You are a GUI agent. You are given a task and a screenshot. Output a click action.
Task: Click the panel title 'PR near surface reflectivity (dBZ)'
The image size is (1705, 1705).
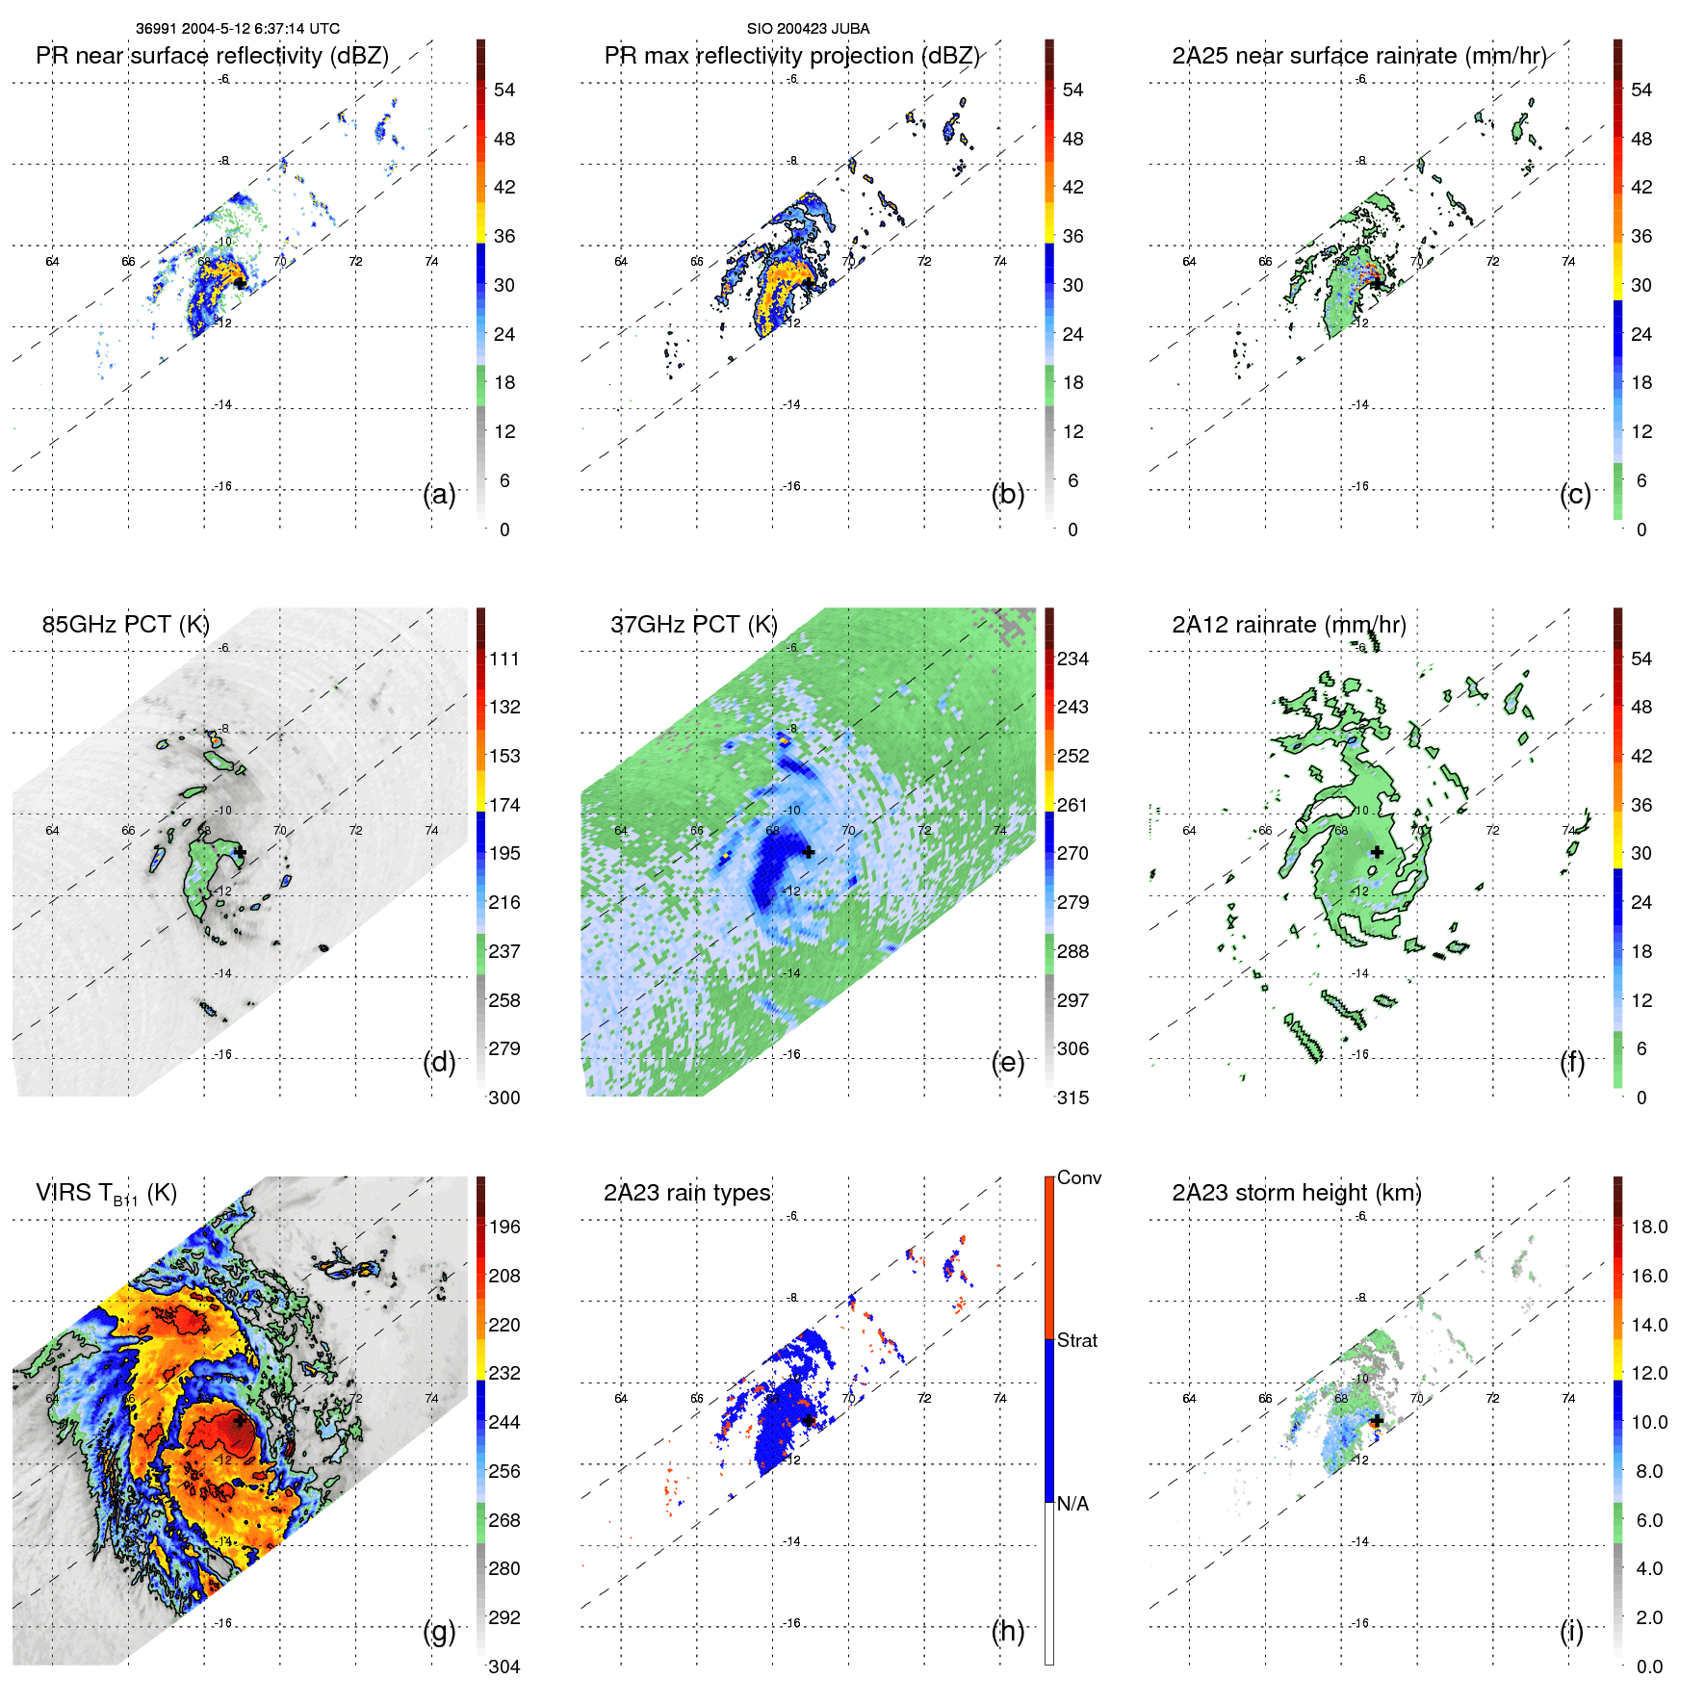click(212, 56)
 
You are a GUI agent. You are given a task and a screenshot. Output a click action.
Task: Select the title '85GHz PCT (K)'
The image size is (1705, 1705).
click(125, 625)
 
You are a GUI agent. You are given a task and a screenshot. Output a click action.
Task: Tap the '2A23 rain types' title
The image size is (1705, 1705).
click(686, 1193)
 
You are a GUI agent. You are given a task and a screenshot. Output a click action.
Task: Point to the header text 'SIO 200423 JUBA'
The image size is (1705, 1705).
click(808, 29)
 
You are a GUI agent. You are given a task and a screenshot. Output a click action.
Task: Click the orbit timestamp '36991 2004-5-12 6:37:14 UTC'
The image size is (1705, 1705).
click(237, 29)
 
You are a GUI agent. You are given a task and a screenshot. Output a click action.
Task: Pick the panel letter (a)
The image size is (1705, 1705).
click(439, 495)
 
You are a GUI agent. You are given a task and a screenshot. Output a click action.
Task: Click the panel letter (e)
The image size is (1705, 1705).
click(1007, 1063)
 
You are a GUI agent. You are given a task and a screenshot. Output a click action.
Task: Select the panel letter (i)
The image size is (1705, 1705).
click(1571, 1631)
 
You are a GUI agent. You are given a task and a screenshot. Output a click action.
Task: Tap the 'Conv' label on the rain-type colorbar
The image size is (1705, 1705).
click(1079, 1178)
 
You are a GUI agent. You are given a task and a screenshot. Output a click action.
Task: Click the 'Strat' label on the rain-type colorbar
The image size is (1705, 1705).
click(1077, 1341)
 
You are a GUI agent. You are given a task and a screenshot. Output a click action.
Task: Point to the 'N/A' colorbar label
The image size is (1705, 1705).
click(1072, 1504)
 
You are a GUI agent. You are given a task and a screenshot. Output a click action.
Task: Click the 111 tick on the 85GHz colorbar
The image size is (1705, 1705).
click(504, 659)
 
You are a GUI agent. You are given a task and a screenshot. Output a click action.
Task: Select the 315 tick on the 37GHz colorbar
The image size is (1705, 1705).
click(1073, 1098)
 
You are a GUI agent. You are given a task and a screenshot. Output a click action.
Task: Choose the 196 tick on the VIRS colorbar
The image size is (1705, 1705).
click(504, 1227)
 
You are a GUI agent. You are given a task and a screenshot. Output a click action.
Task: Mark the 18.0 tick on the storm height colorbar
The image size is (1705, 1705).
click(1649, 1227)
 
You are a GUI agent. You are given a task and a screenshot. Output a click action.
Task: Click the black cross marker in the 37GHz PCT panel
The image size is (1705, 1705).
click(809, 853)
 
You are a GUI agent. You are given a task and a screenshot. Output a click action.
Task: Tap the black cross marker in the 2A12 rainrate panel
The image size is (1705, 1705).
click(1377, 852)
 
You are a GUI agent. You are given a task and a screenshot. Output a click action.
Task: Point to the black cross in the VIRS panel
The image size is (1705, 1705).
click(240, 1421)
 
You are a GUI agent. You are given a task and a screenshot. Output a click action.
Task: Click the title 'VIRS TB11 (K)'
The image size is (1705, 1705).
click(106, 1194)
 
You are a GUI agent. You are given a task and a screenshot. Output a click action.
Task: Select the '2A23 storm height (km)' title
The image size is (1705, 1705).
click(1296, 1193)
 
